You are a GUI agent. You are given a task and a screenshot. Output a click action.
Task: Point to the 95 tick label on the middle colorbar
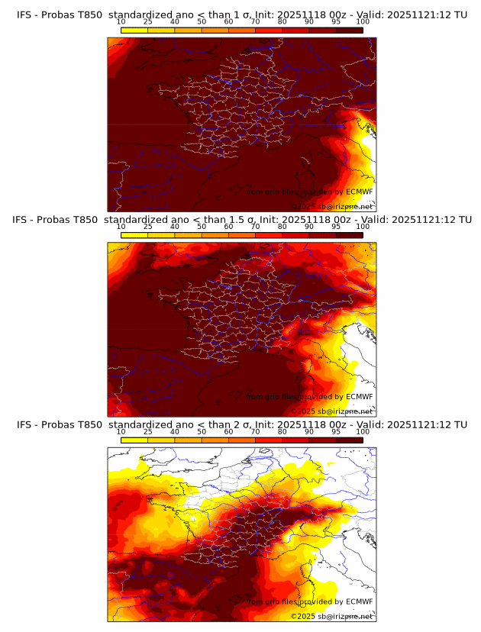pyautogui.click(x=336, y=227)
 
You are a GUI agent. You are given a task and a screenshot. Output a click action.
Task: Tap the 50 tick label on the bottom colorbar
pyautogui.click(x=202, y=432)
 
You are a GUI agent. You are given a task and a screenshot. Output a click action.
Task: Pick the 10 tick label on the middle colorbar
pyautogui.click(x=121, y=227)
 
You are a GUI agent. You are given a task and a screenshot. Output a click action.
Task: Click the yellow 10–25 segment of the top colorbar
pyautogui.click(x=134, y=29)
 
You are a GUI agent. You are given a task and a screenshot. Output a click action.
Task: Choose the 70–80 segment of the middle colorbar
pyautogui.click(x=269, y=235)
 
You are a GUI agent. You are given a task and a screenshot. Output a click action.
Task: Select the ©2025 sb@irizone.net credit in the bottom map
pyautogui.click(x=332, y=616)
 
